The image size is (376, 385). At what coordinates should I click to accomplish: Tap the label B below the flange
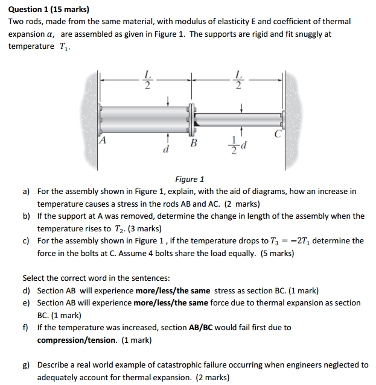[193, 143]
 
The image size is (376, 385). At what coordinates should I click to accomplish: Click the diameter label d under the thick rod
[165, 148]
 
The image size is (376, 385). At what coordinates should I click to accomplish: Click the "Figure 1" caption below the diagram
[190, 179]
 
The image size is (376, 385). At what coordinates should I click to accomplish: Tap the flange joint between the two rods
[193, 119]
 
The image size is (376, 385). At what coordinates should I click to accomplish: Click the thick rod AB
[145, 119]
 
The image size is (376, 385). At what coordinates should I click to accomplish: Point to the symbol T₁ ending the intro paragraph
[63, 46]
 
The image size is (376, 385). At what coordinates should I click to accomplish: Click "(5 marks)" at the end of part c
[278, 253]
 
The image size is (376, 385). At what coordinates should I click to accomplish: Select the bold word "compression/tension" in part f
[77, 340]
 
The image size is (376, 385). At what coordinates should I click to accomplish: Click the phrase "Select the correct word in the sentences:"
[96, 278]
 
